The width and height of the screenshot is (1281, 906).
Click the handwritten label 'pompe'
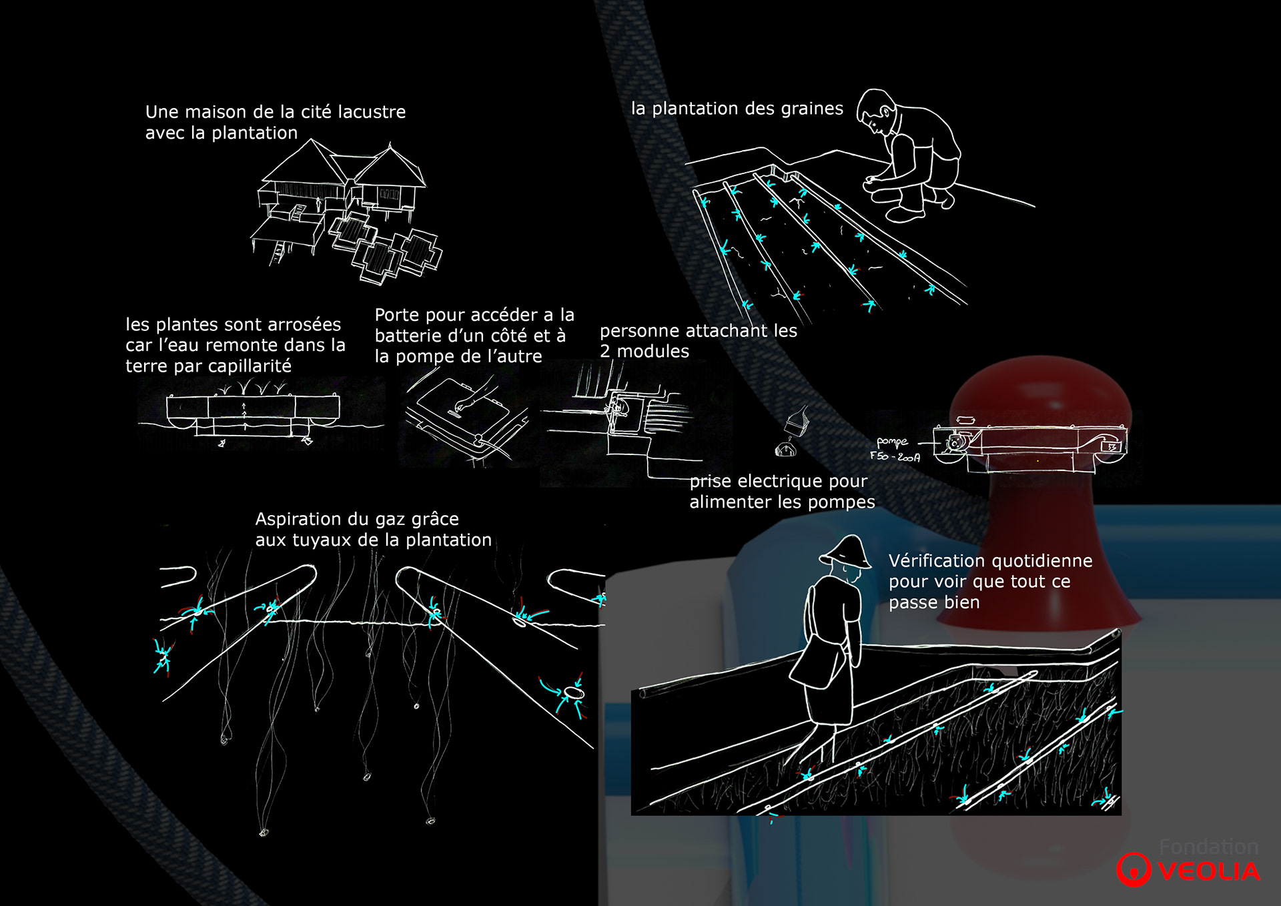(x=892, y=442)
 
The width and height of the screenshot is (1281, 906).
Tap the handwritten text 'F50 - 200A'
(x=895, y=456)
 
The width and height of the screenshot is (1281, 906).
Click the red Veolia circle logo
(x=1134, y=869)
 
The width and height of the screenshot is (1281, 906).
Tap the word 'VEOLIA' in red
(x=1209, y=871)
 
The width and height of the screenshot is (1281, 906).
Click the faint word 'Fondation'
(x=1208, y=847)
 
